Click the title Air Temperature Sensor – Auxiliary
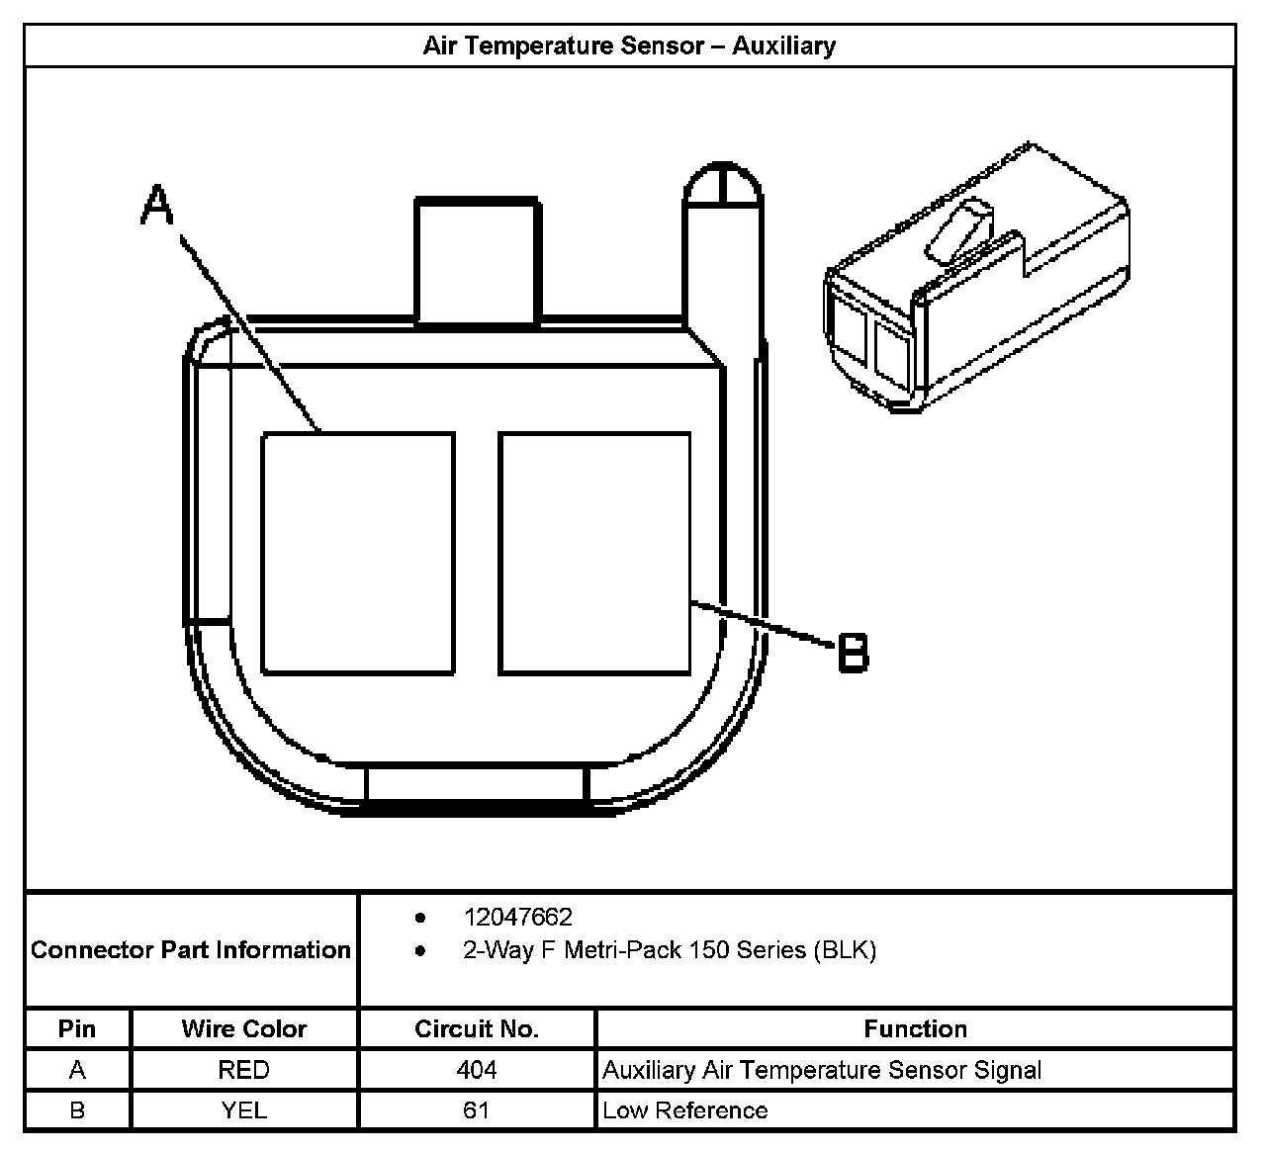(x=629, y=46)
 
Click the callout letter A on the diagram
(x=158, y=208)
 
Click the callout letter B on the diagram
(x=853, y=653)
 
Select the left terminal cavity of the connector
(x=358, y=554)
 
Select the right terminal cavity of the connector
(x=594, y=554)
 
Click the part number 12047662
(x=517, y=917)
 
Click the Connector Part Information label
(x=191, y=950)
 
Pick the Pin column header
(x=77, y=1028)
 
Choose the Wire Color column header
(x=243, y=1028)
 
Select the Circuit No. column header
(x=477, y=1028)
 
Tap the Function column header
(x=915, y=1028)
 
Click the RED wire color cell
(x=243, y=1070)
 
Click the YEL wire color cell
(x=243, y=1110)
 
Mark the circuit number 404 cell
(x=477, y=1070)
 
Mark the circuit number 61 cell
(x=477, y=1110)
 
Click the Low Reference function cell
(x=685, y=1110)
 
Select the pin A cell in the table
(x=77, y=1070)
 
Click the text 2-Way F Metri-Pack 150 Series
(x=669, y=950)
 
